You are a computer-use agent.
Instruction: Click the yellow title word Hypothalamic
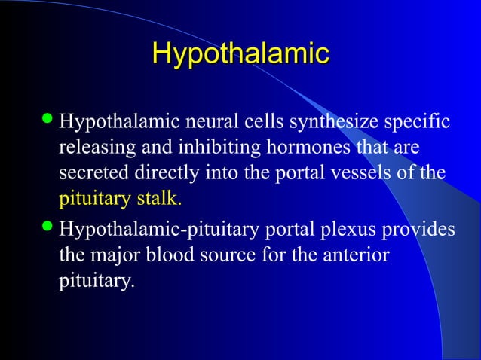click(x=240, y=54)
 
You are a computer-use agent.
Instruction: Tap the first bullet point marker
click(x=47, y=121)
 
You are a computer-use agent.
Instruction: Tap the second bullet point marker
click(x=47, y=228)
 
